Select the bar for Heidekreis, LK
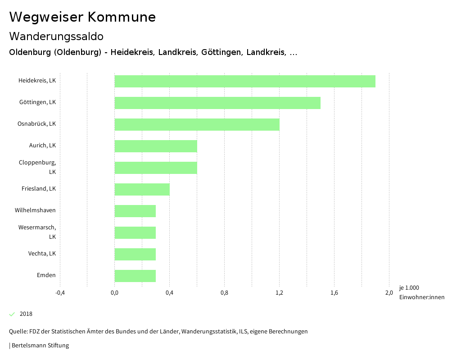click(x=245, y=81)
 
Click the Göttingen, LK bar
click(x=217, y=103)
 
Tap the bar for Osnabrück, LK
click(x=197, y=124)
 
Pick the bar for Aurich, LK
click(x=156, y=146)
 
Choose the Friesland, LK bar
click(x=142, y=189)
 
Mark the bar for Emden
click(x=135, y=276)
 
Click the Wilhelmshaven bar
click(x=135, y=211)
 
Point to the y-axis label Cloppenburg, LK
click(x=38, y=167)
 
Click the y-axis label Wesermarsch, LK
click(x=37, y=232)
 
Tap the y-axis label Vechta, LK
click(x=42, y=254)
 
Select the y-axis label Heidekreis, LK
click(x=37, y=81)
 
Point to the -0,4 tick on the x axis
click(x=60, y=293)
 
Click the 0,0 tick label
click(x=115, y=293)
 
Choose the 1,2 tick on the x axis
click(x=280, y=293)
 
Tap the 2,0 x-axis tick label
click(x=389, y=293)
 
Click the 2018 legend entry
click(x=26, y=314)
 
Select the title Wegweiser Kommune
click(x=82, y=17)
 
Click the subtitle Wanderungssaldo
click(x=56, y=36)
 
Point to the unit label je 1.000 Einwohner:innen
click(x=421, y=292)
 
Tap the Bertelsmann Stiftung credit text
click(x=39, y=346)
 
